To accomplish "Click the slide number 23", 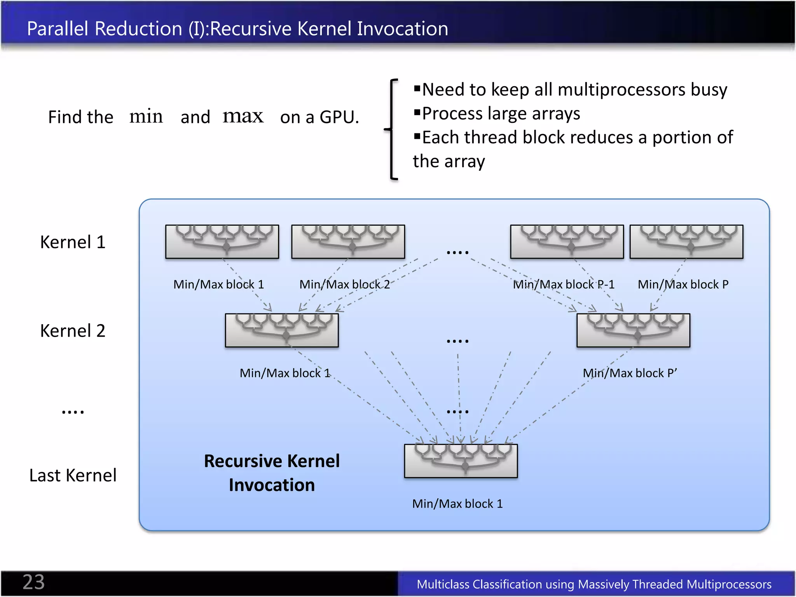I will click(34, 582).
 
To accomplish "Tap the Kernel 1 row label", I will click(73, 242).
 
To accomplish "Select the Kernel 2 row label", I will click(73, 331).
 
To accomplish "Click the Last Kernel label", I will click(73, 475).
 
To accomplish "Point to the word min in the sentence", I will click(146, 117).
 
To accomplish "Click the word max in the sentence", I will click(243, 116).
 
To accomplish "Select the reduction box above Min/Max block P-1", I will click(567, 241).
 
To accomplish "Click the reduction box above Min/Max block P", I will click(686, 241).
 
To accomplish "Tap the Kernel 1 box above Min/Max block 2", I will click(348, 241).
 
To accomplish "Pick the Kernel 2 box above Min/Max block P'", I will click(633, 330).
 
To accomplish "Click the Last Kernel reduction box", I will click(461, 461).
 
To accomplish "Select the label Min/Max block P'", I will click(630, 373).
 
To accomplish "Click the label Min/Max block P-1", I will click(564, 285).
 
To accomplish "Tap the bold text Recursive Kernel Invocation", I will click(272, 473).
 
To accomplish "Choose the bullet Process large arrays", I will click(501, 114).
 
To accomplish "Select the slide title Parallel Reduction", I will click(237, 29).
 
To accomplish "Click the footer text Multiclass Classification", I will click(594, 584).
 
